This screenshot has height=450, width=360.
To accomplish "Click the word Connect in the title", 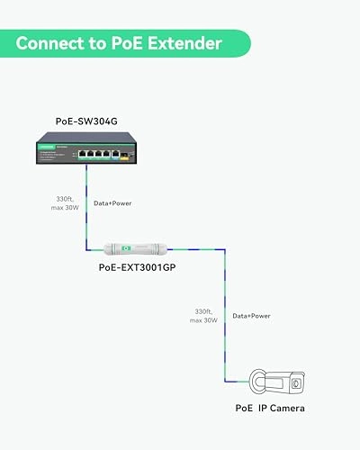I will tap(57, 42).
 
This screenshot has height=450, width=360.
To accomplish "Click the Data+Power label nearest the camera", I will tap(253, 317).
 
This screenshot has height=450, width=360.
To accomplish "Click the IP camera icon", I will tap(278, 382).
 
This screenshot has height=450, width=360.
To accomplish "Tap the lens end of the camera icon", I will tap(298, 382).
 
